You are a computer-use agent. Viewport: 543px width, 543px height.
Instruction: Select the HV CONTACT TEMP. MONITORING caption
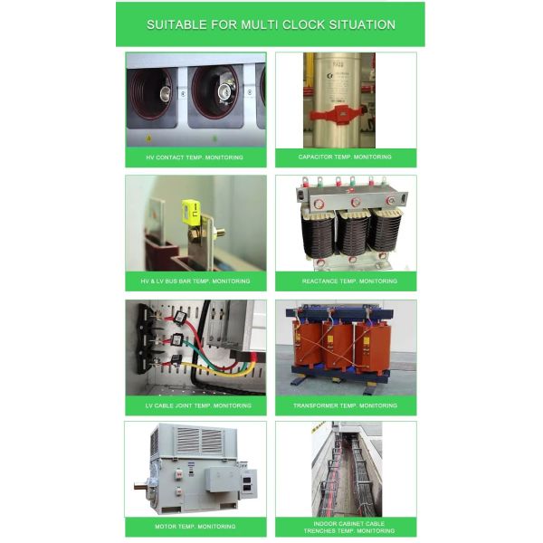click(x=195, y=157)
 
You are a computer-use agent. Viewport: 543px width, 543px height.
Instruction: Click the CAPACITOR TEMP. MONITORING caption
click(x=345, y=157)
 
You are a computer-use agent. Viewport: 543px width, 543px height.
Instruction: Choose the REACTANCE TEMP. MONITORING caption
click(x=345, y=281)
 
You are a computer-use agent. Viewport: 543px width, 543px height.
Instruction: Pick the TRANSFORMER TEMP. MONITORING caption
click(x=345, y=405)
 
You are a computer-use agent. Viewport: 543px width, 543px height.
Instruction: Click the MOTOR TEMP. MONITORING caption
click(x=195, y=526)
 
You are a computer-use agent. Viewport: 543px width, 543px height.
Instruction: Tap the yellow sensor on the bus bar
click(x=191, y=214)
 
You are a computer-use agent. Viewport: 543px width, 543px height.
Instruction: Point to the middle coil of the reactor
click(x=351, y=233)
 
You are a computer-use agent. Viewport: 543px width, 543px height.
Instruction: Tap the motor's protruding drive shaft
click(x=141, y=486)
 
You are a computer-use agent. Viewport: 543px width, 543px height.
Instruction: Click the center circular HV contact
click(x=216, y=91)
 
